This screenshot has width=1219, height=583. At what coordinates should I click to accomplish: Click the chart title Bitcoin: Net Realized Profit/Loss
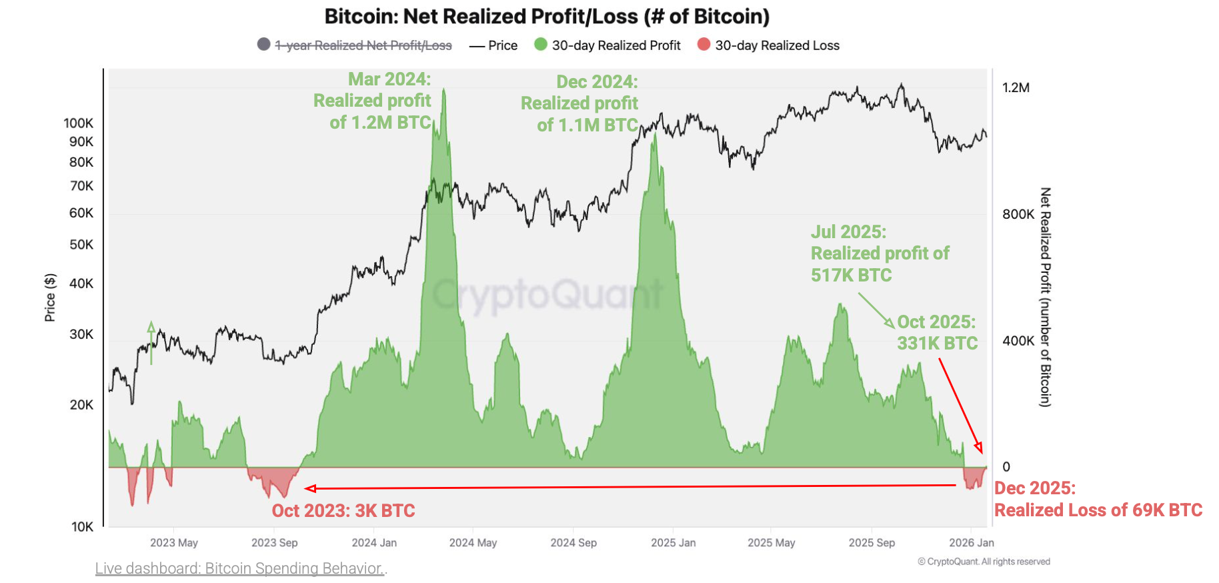point(547,16)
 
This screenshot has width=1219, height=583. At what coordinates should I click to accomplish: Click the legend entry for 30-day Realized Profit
point(616,45)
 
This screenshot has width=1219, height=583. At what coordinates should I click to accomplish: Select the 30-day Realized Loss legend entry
point(776,45)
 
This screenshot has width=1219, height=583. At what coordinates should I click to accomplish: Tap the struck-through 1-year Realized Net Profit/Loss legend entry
point(363,45)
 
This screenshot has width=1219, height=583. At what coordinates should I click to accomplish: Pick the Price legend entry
point(502,45)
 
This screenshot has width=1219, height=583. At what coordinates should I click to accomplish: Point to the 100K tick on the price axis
point(79,123)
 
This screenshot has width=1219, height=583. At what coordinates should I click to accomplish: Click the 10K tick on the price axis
point(83,526)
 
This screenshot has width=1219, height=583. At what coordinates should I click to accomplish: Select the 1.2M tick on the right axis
point(1016,87)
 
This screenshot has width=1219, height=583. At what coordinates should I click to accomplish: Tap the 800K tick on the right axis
point(1018,214)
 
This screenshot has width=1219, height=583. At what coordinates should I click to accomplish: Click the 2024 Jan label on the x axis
point(374,542)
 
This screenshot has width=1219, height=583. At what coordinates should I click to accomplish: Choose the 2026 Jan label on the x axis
point(971,542)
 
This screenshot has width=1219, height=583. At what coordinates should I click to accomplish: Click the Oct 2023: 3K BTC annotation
point(343,511)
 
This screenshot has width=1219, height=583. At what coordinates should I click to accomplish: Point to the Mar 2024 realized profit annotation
point(373,101)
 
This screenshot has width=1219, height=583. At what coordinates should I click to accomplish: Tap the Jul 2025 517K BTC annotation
point(879,253)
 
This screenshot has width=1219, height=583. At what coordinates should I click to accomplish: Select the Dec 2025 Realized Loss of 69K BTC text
point(1098,499)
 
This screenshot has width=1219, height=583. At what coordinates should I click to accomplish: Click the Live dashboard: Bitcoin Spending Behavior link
point(240,568)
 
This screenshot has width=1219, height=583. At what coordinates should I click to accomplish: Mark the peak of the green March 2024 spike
point(444,90)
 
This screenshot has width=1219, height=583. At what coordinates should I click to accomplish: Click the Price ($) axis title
point(50,298)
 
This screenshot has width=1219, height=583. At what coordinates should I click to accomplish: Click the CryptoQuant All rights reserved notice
point(984,562)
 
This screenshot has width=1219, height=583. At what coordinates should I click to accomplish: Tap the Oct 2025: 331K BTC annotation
point(936,332)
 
